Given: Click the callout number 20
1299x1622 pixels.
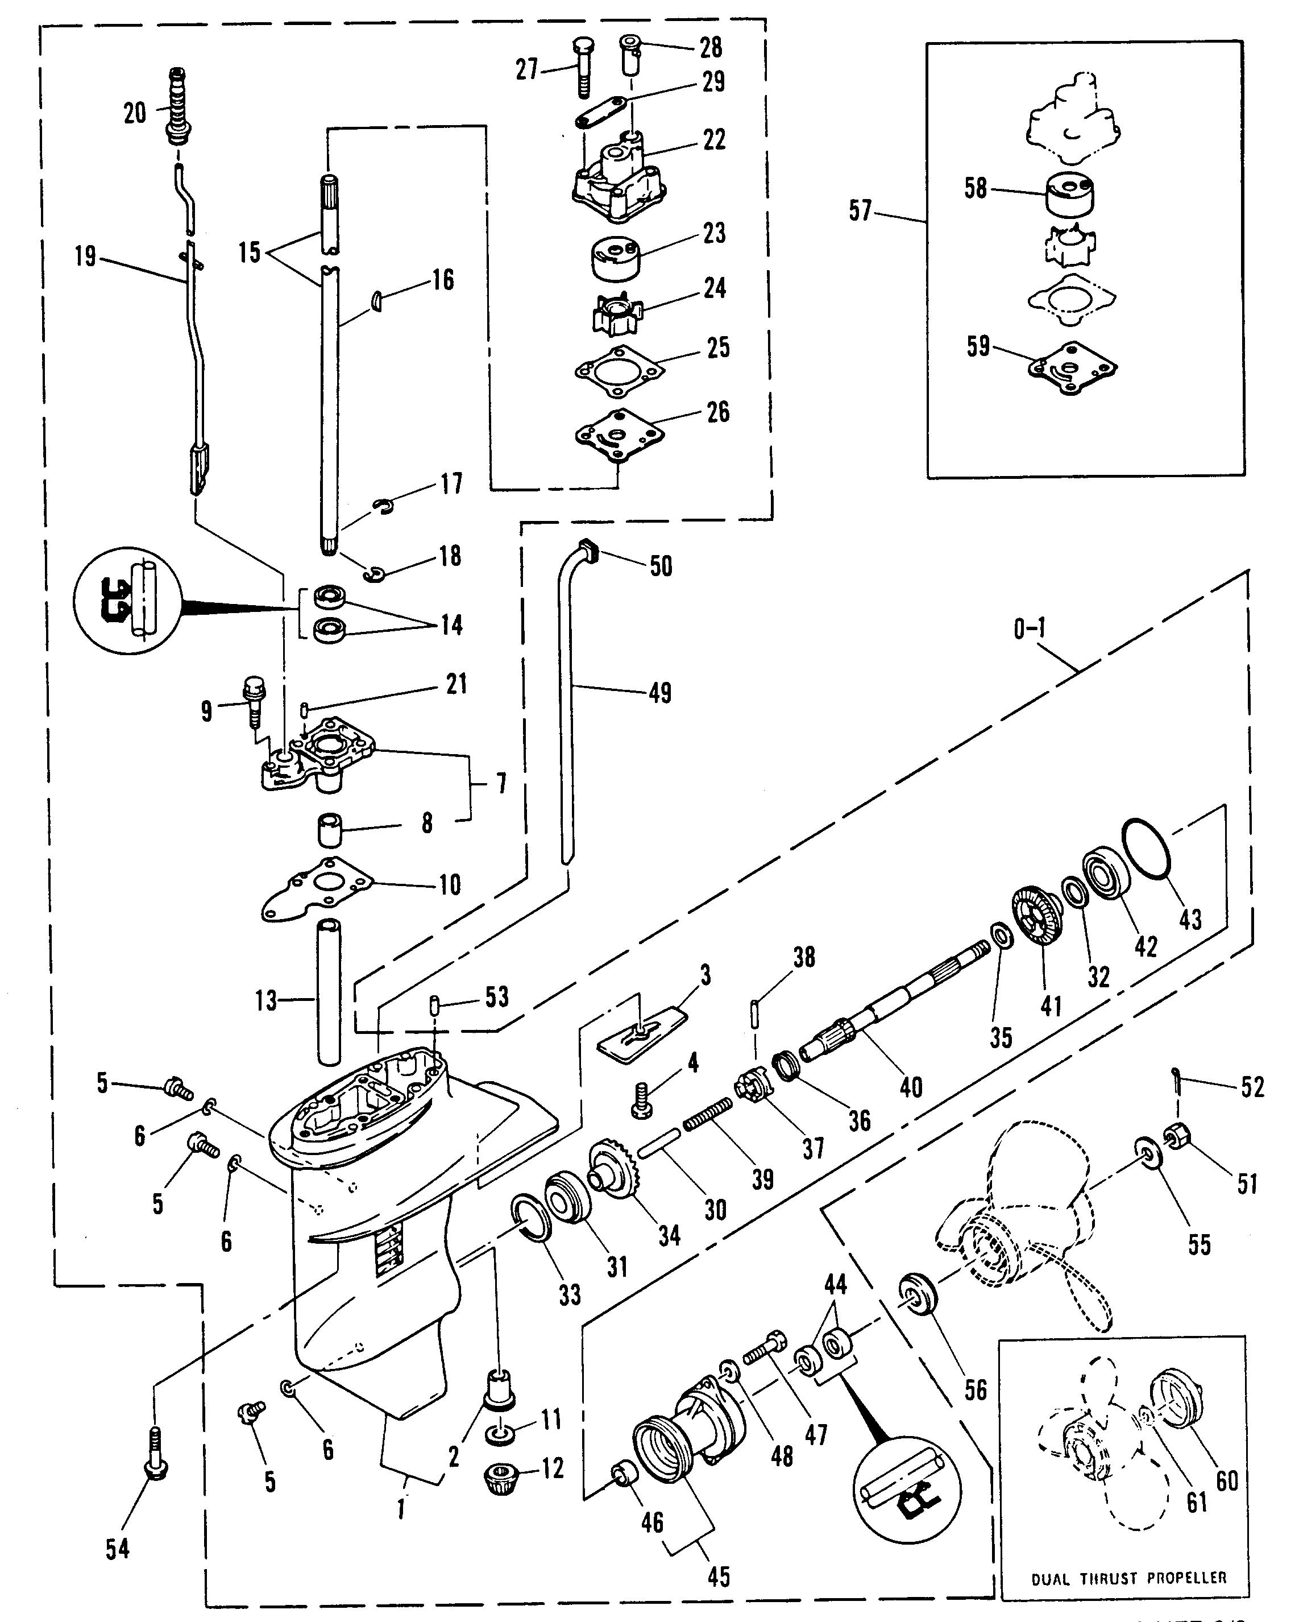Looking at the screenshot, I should tap(135, 114).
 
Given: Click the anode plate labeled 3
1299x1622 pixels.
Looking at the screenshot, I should tap(642, 1035).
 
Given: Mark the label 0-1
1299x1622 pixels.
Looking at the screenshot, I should tap(1029, 628).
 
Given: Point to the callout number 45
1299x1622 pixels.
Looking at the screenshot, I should tap(719, 1575).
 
